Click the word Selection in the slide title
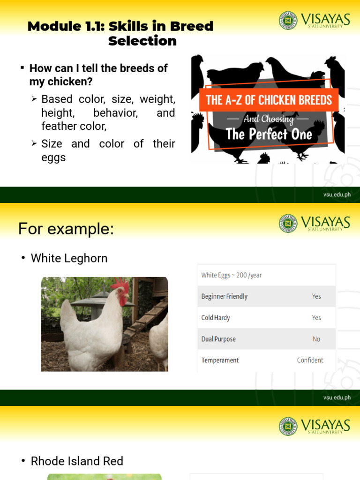tap(142, 41)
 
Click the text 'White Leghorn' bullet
tap(69, 258)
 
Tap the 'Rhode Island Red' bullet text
tap(77, 461)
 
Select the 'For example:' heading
tap(66, 229)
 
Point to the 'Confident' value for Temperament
tap(310, 360)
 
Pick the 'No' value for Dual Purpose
tap(316, 339)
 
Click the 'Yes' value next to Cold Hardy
tap(316, 318)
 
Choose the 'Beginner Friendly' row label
tap(224, 296)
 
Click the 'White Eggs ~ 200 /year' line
tap(231, 275)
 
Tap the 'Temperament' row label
tap(220, 360)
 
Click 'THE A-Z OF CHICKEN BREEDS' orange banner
tap(269, 100)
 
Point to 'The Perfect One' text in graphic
tap(269, 135)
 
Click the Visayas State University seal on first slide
tap(288, 21)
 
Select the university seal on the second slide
tap(288, 224)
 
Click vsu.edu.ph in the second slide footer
tap(337, 398)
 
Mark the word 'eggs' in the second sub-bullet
tap(53, 157)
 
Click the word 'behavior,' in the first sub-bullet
tap(115, 113)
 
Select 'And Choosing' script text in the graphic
tap(269, 119)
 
